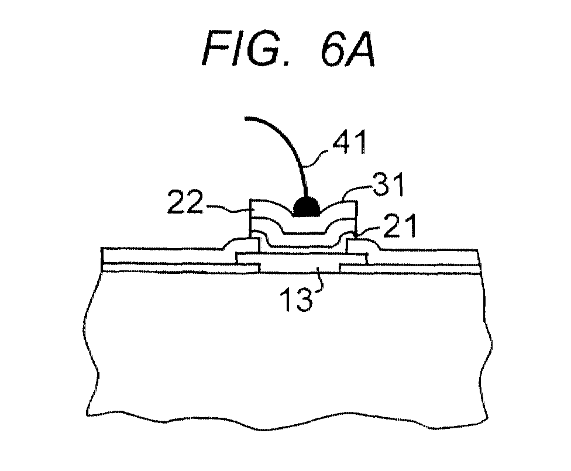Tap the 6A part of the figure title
point(348,49)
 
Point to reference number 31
point(388,185)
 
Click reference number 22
point(185,202)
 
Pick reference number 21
point(400,226)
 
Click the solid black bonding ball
point(307,207)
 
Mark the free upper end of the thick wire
point(246,118)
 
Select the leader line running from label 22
point(226,208)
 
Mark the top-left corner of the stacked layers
point(250,200)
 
